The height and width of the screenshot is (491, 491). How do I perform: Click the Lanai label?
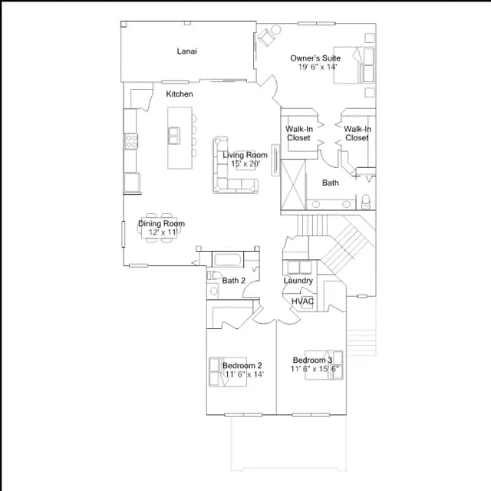tap(187, 51)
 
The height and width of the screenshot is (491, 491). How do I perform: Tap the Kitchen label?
tap(180, 94)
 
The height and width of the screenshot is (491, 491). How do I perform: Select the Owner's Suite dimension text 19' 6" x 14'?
tap(318, 67)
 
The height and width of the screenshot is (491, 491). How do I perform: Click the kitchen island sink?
tap(174, 136)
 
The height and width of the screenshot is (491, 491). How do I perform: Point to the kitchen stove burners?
tap(131, 141)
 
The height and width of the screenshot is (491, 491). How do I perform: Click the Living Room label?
tap(245, 155)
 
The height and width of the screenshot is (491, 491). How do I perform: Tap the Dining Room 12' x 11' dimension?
tap(163, 232)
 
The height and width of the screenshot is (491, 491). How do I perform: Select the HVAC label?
tap(303, 302)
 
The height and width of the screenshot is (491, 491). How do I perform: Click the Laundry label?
tap(298, 281)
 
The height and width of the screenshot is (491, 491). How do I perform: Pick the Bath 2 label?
tap(233, 281)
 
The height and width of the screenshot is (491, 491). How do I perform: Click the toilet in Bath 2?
tap(214, 275)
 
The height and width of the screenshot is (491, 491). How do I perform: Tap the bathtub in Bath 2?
tap(227, 260)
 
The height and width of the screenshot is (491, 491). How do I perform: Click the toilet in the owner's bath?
tap(365, 202)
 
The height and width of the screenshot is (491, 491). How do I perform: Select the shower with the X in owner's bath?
tap(293, 184)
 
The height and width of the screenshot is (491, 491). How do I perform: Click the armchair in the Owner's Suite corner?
tap(267, 38)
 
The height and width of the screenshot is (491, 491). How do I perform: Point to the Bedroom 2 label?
tap(242, 365)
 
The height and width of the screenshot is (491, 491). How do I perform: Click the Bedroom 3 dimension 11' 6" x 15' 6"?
tap(315, 369)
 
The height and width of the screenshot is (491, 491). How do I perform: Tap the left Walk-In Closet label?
tap(299, 133)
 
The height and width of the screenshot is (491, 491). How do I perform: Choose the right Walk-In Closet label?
tap(358, 133)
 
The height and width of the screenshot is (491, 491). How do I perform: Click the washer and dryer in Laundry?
tap(299, 268)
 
